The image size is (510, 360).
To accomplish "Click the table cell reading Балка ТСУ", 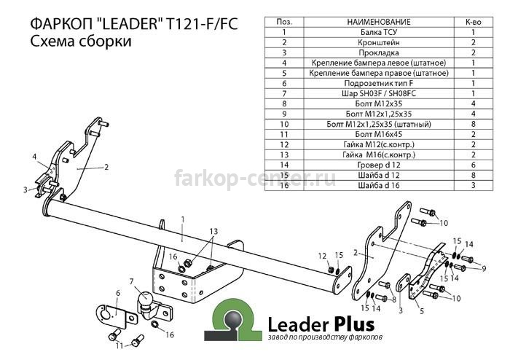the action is tap(379, 32).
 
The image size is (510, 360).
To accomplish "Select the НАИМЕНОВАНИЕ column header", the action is tap(379, 22).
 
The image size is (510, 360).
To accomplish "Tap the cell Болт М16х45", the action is tap(379, 134).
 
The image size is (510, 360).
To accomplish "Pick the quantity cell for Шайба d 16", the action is tap(473, 185).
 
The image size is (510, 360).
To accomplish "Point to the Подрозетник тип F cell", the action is tap(379, 83).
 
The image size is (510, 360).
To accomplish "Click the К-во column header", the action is tap(473, 22).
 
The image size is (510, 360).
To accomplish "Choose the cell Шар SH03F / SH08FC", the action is tap(379, 94).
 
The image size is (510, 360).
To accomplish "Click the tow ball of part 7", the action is tap(146, 298).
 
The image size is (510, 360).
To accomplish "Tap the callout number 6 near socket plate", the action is tap(118, 294).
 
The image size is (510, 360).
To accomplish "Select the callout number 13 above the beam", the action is tap(213, 232).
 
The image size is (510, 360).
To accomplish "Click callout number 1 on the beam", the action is tap(183, 220).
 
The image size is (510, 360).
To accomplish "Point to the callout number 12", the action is tap(322, 257).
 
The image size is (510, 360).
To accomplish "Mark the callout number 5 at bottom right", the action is tap(422, 311).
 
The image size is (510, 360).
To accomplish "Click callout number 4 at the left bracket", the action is tap(34, 157).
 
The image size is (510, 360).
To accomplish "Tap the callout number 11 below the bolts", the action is tap(119, 345).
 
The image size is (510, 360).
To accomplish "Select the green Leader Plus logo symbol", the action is tap(233, 320).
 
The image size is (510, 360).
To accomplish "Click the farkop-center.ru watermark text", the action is tap(255, 179).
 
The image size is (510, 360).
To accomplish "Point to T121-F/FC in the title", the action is tap(202, 24).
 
